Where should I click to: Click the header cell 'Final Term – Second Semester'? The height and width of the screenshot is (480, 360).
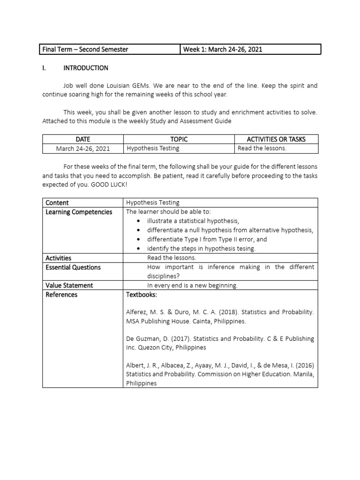pyautogui.click(x=85, y=50)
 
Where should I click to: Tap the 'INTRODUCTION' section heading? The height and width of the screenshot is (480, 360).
pyautogui.click(x=86, y=68)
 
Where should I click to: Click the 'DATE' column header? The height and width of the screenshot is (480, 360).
pyautogui.click(x=83, y=139)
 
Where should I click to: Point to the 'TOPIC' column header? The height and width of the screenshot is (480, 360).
pyautogui.click(x=179, y=139)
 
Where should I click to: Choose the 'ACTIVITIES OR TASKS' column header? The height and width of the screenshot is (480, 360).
pyautogui.click(x=276, y=139)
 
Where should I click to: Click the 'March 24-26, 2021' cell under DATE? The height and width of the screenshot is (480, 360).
pyautogui.click(x=83, y=149)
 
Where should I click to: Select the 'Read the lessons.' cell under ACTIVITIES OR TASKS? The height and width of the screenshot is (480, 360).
pyautogui.click(x=262, y=149)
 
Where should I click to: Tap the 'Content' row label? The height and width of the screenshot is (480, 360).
pyautogui.click(x=57, y=202)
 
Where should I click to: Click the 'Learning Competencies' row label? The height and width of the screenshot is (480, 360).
pyautogui.click(x=79, y=212)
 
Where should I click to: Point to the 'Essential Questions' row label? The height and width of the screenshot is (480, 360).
pyautogui.click(x=73, y=267)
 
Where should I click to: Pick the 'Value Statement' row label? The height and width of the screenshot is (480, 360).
pyautogui.click(x=69, y=285)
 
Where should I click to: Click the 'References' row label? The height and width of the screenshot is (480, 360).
pyautogui.click(x=61, y=294)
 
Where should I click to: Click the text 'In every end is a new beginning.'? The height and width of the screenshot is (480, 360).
pyautogui.click(x=192, y=285)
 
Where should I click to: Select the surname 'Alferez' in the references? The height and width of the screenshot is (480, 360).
pyautogui.click(x=137, y=312)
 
